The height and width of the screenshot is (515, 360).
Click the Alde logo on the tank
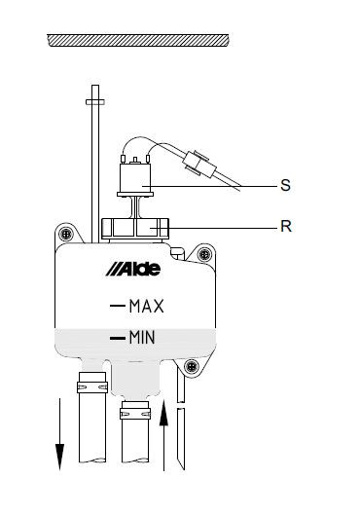click(133, 270)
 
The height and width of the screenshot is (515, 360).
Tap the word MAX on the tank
click(146, 306)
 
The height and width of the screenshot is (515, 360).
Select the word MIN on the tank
click(142, 337)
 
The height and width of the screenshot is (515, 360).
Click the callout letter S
click(285, 185)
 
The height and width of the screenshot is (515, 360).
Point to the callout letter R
click(286, 226)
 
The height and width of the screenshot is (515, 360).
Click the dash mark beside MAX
click(118, 306)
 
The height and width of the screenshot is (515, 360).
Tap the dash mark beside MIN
click(118, 338)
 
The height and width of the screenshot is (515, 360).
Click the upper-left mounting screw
click(66, 234)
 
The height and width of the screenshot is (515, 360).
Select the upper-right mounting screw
click(204, 254)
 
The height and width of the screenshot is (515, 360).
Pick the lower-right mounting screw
click(192, 365)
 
